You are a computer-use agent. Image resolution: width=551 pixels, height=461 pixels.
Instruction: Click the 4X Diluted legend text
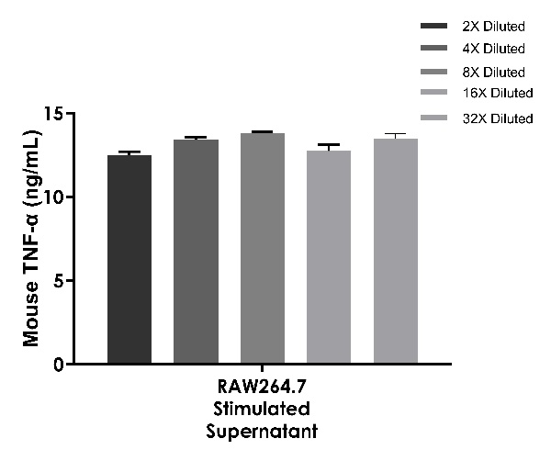coord(494,49)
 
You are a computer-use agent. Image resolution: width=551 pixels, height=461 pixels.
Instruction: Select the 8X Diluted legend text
coord(494,72)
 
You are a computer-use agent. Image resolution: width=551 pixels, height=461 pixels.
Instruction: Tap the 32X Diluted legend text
coord(497,118)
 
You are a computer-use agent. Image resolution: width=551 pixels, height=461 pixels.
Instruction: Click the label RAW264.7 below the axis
coord(263,388)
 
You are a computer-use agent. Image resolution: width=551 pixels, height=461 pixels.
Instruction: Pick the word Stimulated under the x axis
coord(263,408)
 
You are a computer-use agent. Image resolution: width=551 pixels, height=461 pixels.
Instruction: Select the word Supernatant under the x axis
coord(263,429)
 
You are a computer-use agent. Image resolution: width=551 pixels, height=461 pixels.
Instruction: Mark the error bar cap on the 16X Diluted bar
coord(329,145)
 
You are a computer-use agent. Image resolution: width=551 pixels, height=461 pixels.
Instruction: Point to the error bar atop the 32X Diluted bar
coord(396,135)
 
